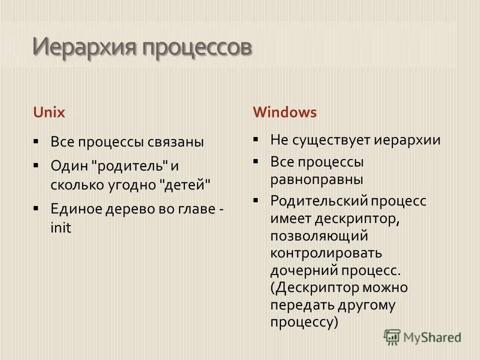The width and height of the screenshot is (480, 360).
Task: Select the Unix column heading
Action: tap(49, 112)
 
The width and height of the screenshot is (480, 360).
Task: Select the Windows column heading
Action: tap(284, 112)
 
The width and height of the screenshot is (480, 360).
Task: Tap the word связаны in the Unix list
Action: tap(175, 142)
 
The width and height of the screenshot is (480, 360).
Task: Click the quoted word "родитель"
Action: tap(131, 164)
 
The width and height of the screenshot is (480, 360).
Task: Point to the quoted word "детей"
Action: tap(185, 184)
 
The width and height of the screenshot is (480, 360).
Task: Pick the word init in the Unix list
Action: tap(61, 228)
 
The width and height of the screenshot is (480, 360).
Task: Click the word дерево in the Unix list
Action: tap(128, 208)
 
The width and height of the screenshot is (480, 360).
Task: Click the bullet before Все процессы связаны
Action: tap(36, 141)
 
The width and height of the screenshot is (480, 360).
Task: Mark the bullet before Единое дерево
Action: tap(36, 207)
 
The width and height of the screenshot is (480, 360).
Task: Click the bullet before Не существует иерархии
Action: tap(256, 138)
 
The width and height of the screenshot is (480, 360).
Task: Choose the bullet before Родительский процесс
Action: tap(256, 200)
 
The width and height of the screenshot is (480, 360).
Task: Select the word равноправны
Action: tap(317, 179)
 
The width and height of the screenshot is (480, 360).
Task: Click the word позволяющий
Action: tap(319, 235)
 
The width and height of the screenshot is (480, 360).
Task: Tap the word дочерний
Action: tap(304, 271)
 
